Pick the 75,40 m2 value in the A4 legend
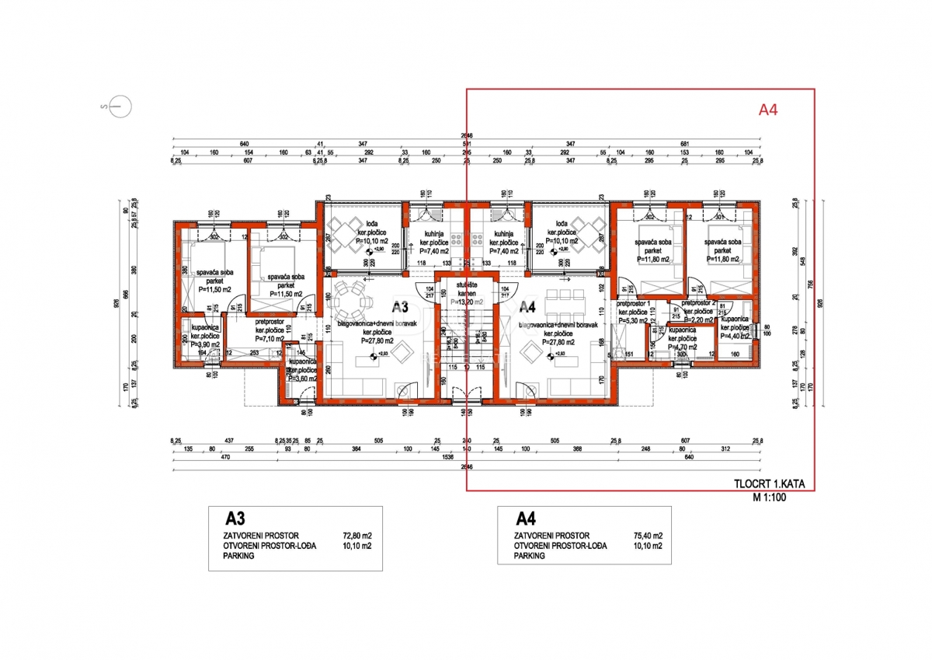click(x=646, y=536)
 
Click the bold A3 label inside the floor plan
click(x=400, y=306)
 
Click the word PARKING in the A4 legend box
click(x=529, y=556)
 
